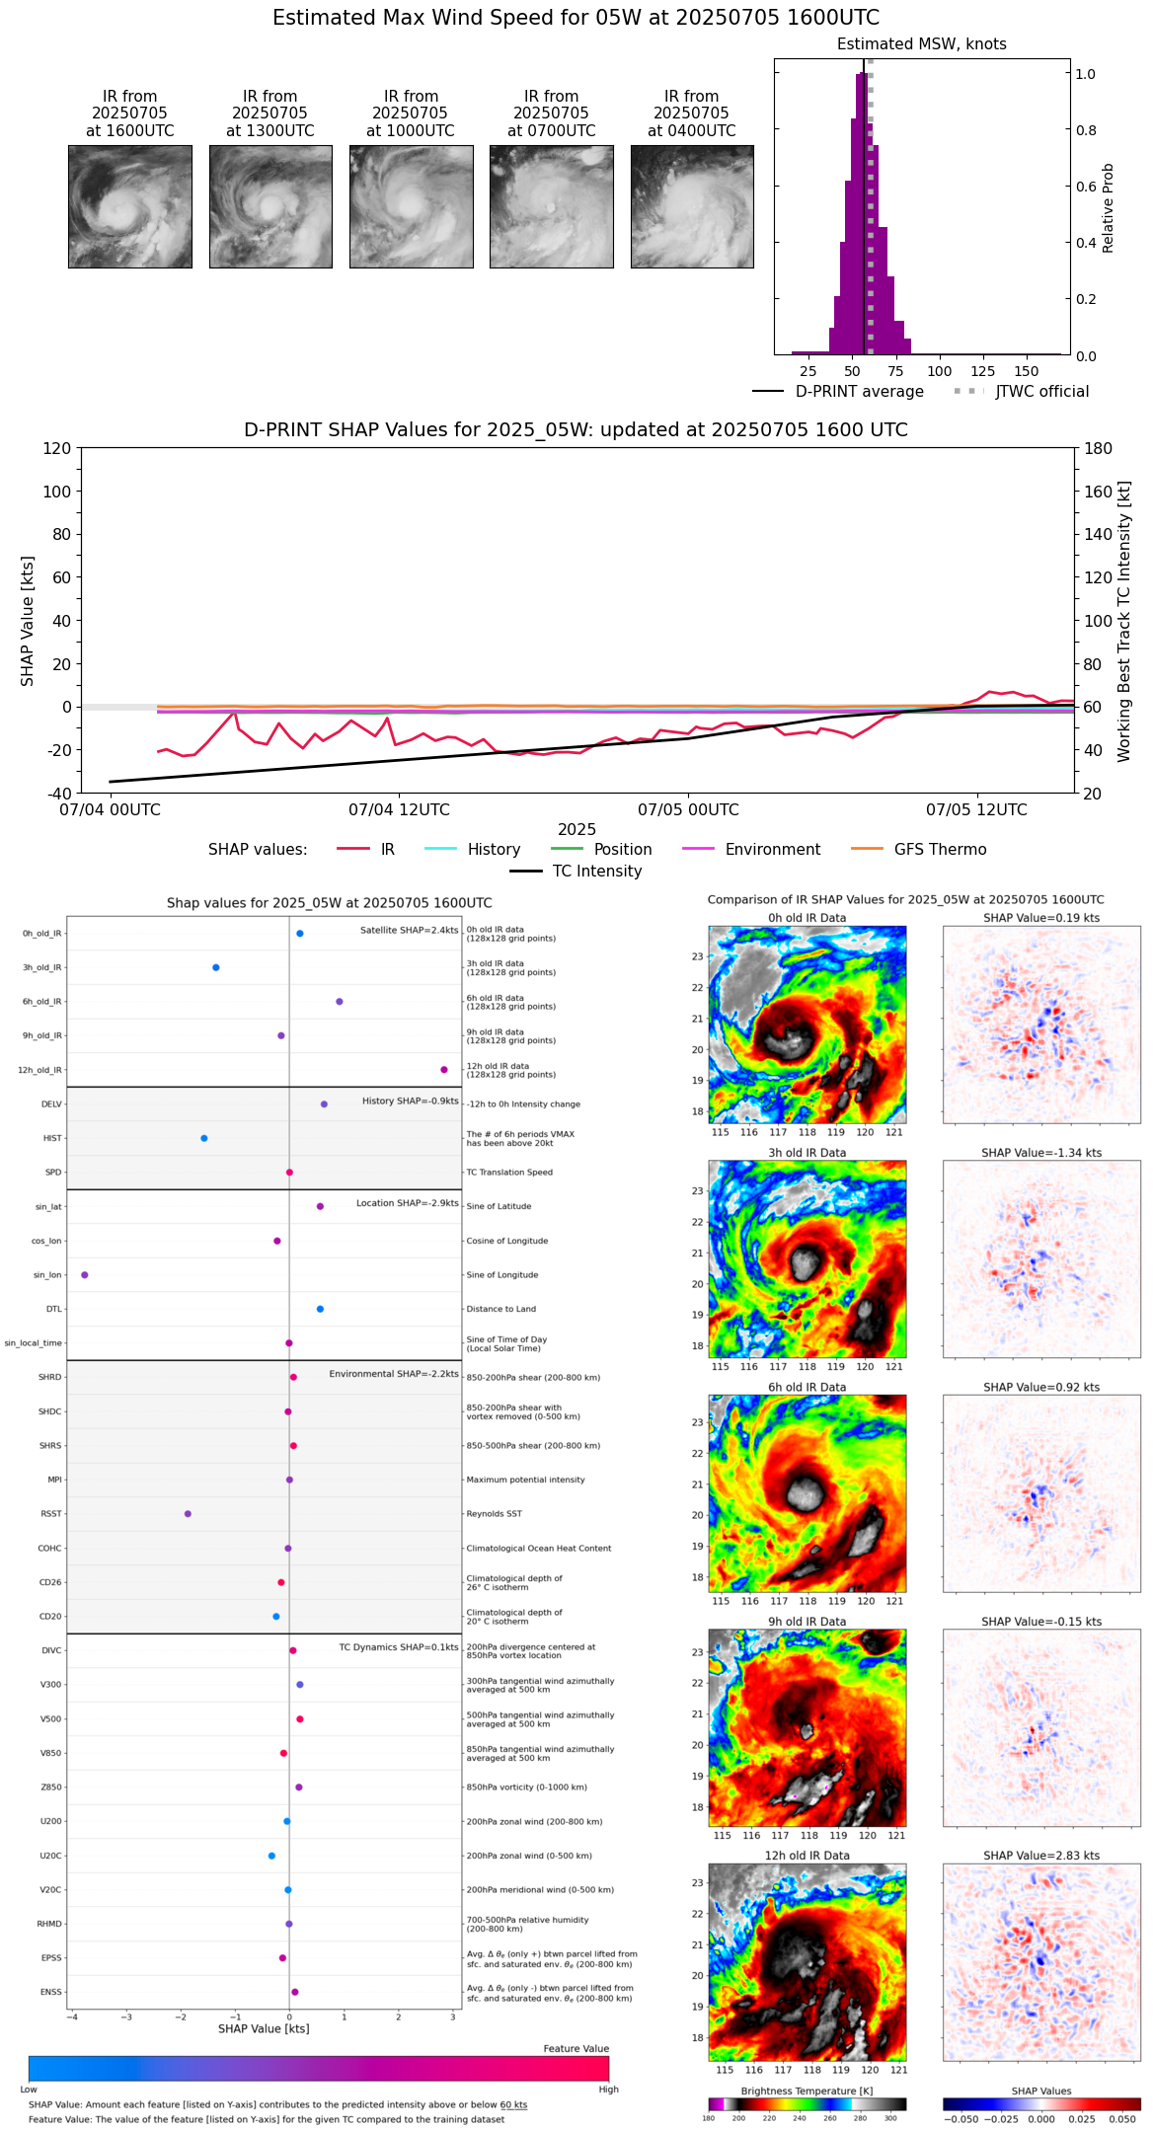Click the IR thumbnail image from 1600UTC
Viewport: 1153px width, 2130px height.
[x=129, y=206]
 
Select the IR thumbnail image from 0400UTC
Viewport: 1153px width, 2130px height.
[x=692, y=206]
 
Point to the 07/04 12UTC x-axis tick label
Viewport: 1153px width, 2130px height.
[x=399, y=810]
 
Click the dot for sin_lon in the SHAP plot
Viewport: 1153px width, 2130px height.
[x=85, y=1274]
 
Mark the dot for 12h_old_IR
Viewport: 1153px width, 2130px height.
[x=444, y=1070]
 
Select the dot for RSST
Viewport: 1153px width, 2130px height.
[x=188, y=1513]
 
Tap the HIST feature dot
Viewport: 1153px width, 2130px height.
[x=204, y=1138]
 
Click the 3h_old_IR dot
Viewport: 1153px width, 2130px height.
[x=216, y=967]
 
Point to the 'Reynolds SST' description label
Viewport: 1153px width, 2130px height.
[x=494, y=1514]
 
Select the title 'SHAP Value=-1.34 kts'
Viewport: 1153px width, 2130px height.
[x=1041, y=1153]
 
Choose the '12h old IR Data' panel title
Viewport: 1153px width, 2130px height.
[x=807, y=1856]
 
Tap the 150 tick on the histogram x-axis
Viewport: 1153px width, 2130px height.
[x=1027, y=372]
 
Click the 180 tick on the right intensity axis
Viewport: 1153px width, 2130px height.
[x=1099, y=449]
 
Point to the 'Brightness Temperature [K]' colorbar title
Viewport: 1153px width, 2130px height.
[x=807, y=2091]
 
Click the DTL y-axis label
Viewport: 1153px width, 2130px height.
[x=53, y=1309]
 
